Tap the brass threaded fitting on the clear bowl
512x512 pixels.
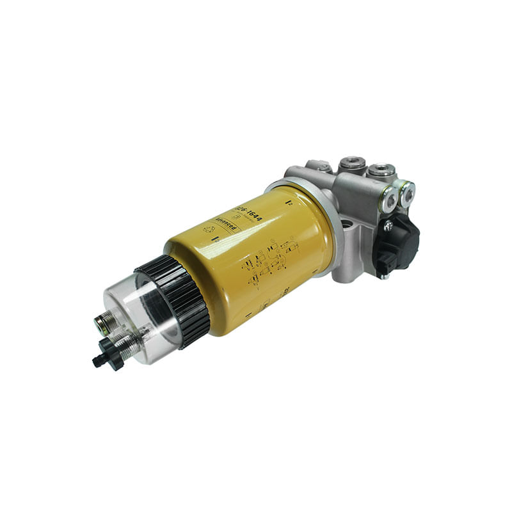pos(102,324)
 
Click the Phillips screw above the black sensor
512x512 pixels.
pos(387,225)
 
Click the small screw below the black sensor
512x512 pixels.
pos(382,275)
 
